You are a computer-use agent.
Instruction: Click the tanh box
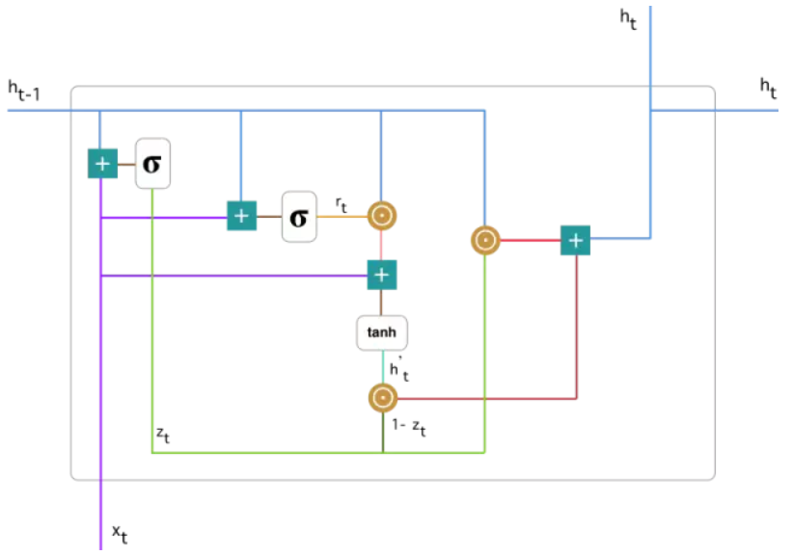(x=382, y=332)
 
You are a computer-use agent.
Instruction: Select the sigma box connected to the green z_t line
(x=152, y=164)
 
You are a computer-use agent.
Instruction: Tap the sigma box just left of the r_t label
(x=299, y=216)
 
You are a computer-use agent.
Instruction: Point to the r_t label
(x=342, y=204)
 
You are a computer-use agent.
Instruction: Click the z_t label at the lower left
(x=164, y=435)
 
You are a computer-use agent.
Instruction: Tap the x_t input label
(x=119, y=533)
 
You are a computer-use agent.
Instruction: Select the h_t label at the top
(x=628, y=18)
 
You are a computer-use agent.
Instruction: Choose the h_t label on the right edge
(x=768, y=89)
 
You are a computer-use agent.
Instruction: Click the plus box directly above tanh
(x=382, y=276)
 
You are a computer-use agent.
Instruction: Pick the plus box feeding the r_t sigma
(x=241, y=216)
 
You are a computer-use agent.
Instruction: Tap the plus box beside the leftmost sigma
(x=101, y=164)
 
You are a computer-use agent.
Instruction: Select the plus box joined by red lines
(x=576, y=240)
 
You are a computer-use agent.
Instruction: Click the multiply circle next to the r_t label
(x=382, y=216)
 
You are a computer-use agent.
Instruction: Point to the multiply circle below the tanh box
(x=382, y=396)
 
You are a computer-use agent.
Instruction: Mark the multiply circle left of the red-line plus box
(x=484, y=240)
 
